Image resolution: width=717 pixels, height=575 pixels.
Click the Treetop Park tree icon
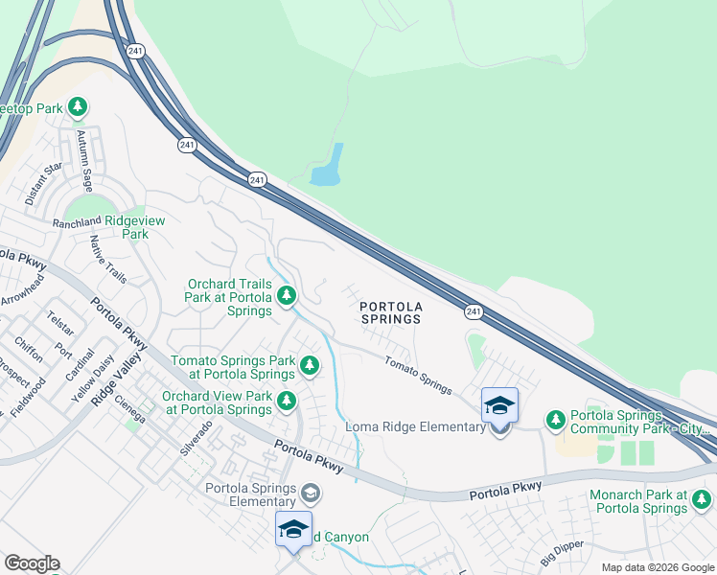(77, 106)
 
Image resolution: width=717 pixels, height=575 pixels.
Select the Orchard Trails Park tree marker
(286, 297)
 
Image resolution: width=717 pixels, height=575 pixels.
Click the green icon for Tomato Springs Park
(309, 365)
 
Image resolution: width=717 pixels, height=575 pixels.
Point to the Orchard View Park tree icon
(286, 401)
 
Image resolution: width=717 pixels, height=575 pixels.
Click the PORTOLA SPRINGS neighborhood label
(390, 312)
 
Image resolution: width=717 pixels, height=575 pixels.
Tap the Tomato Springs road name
(418, 375)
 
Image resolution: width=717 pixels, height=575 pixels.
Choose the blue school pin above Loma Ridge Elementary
(499, 405)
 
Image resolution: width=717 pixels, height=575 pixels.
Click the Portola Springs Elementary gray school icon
(310, 494)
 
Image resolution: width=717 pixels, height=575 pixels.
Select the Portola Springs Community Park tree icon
(555, 420)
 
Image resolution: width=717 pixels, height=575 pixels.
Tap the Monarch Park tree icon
(702, 499)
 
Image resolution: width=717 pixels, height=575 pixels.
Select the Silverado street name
(196, 437)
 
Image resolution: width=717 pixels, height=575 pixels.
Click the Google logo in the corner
(31, 563)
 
